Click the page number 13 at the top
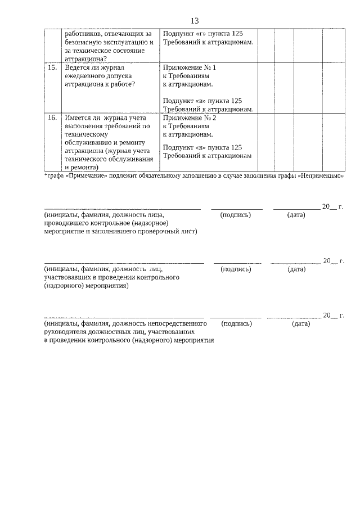[x=195, y=21]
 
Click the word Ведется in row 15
[x=78, y=67]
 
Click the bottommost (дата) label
[x=301, y=324]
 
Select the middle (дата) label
[x=296, y=269]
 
